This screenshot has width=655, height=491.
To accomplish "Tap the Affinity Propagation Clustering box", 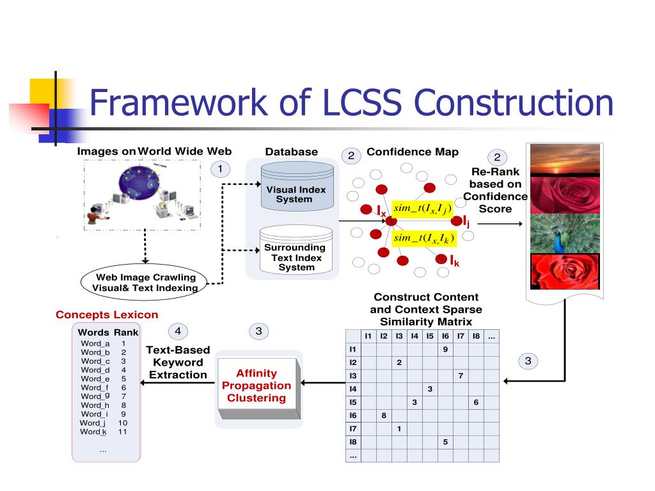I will (256, 386).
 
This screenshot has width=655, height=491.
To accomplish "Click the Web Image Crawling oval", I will (146, 282).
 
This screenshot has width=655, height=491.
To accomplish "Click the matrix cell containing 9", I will (445, 350).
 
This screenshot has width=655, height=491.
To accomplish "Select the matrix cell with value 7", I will (461, 375).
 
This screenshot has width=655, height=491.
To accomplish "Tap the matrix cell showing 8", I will (383, 415).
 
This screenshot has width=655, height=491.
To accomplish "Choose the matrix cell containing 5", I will (445, 442).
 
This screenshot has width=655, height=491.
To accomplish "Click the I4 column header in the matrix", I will (414, 336).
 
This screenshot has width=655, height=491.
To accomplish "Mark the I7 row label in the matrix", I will (352, 428).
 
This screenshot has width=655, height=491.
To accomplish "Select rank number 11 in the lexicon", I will (123, 432).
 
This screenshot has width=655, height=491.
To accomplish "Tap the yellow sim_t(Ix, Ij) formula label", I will (423, 208).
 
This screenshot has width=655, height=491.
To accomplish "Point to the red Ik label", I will (454, 261).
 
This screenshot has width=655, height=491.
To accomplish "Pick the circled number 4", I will (178, 331).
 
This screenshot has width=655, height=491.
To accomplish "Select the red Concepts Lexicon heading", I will (106, 315).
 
